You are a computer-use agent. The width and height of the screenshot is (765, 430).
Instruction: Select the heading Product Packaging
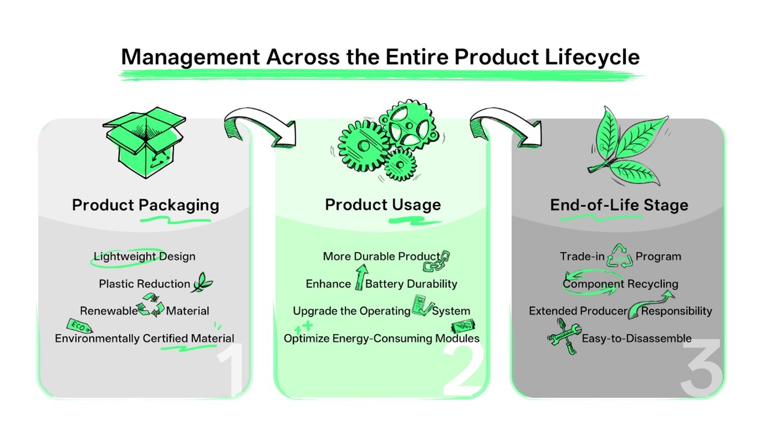tap(145, 205)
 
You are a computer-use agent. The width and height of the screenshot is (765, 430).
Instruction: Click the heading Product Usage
tap(383, 204)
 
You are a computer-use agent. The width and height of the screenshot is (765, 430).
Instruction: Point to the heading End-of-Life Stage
tap(619, 205)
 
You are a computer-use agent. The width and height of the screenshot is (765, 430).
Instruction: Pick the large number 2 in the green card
tap(464, 368)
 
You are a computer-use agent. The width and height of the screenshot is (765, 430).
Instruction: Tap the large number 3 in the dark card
tap(701, 368)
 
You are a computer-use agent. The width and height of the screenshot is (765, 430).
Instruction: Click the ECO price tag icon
tap(78, 325)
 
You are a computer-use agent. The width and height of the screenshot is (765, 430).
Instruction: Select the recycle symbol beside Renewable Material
tap(151, 305)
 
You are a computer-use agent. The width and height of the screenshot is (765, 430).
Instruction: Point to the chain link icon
tap(437, 262)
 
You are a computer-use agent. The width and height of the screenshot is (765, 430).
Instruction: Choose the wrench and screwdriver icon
tap(564, 336)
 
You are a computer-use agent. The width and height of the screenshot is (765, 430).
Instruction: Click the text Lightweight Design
tap(144, 257)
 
